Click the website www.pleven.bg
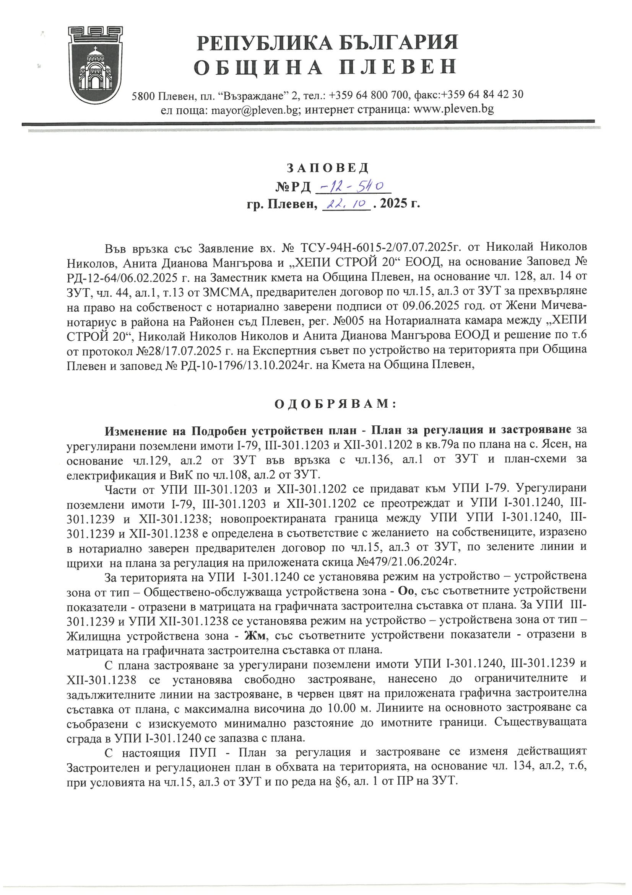(454, 109)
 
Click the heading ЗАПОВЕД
(328, 168)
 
